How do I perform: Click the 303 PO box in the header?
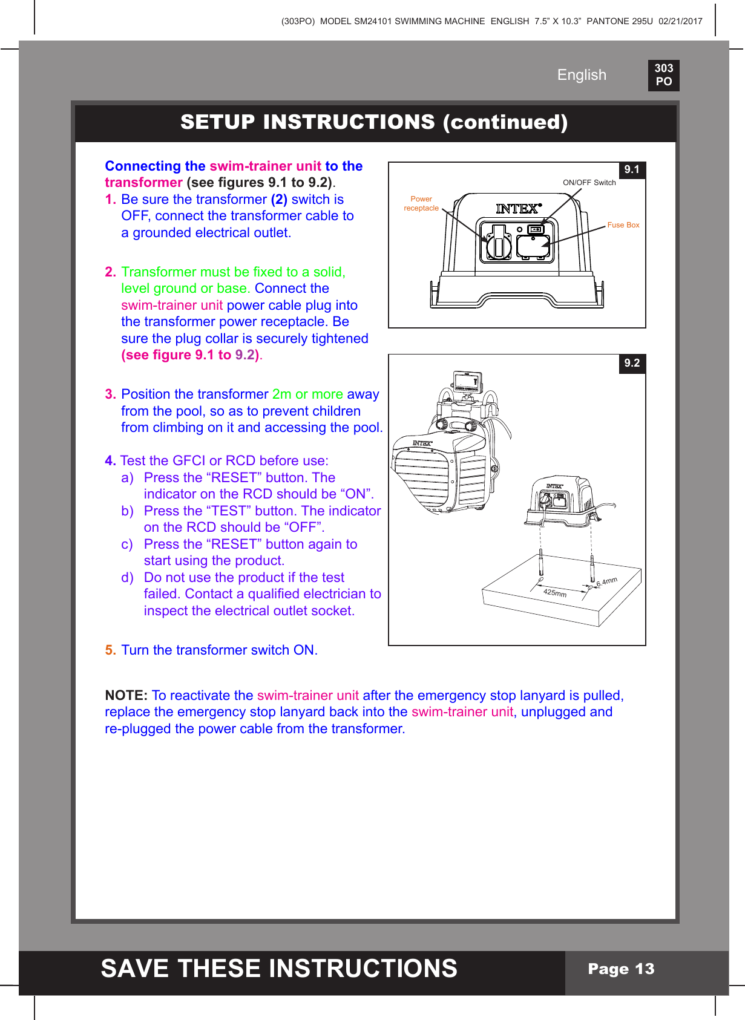point(663,75)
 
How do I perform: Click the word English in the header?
point(581,75)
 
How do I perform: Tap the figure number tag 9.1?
point(632,170)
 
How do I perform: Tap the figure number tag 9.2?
point(632,363)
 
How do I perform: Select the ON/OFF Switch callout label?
point(589,183)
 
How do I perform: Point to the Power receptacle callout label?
point(421,203)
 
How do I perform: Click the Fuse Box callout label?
point(623,225)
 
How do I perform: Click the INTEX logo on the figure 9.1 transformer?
point(517,209)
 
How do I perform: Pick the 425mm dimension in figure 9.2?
point(554,593)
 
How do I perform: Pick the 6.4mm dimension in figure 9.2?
point(607,582)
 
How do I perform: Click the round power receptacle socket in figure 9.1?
point(497,244)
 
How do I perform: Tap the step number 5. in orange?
point(110,650)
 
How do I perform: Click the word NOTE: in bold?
point(126,696)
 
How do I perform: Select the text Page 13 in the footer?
point(621,969)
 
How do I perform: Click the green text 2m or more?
point(307,394)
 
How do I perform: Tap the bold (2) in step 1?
point(279,200)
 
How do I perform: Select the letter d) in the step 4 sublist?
point(127,578)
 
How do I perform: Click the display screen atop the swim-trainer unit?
point(467,382)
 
